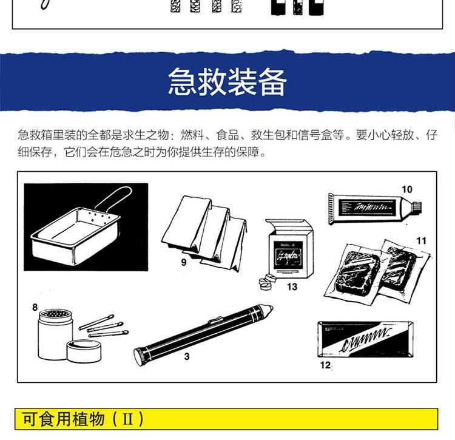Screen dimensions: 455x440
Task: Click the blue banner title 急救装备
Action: [227, 82]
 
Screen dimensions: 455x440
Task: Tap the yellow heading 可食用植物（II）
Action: [83, 419]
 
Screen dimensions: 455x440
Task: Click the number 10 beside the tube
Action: [407, 189]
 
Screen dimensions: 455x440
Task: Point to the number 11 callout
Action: [422, 240]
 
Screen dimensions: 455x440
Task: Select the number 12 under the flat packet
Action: [325, 365]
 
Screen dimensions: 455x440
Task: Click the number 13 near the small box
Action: [292, 286]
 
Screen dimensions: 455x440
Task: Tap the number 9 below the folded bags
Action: [184, 262]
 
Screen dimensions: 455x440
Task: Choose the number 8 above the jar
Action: [35, 307]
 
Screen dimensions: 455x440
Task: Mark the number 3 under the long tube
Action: [187, 356]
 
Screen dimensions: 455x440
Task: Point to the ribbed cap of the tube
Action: [417, 206]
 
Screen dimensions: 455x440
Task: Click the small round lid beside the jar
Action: [84, 351]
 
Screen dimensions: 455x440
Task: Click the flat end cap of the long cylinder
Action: [140, 356]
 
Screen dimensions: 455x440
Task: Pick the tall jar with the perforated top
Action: [55, 334]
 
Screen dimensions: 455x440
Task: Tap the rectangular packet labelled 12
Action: [365, 339]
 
